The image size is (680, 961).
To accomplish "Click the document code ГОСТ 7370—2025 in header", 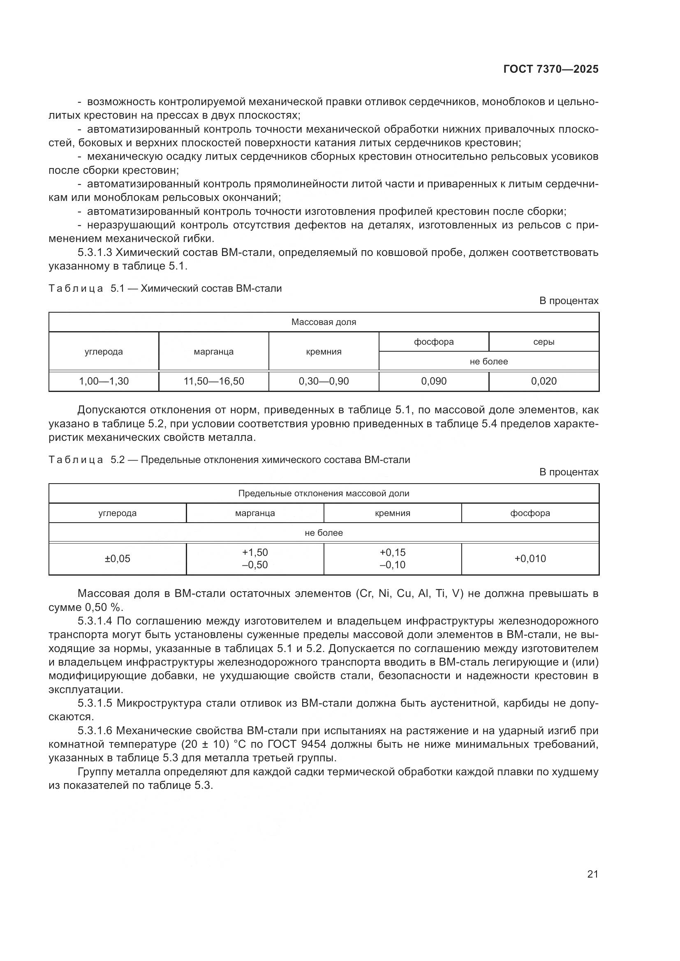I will [550, 69].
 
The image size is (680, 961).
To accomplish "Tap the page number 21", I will [592, 874].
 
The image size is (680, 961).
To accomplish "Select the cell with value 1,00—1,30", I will [104, 381].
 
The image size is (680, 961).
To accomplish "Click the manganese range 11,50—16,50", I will [213, 381].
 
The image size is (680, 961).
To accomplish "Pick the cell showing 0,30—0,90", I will [324, 381].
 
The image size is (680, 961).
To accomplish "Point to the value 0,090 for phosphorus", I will [434, 381].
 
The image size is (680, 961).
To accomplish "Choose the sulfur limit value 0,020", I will [544, 381].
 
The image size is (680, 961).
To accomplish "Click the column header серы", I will [544, 342].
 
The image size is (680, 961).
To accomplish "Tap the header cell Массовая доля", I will [324, 322].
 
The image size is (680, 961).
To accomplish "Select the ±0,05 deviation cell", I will [117, 559].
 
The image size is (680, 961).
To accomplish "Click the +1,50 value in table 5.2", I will [254, 553].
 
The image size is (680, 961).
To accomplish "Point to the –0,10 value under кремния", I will [392, 565].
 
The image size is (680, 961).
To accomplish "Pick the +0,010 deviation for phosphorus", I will [530, 559].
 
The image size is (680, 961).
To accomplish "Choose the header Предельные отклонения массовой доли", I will [324, 493].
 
